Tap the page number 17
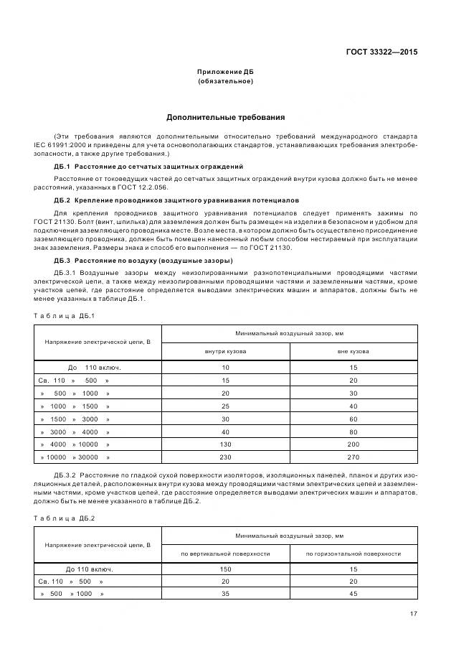[413, 613]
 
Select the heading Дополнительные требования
[226, 116]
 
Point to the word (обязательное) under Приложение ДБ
[226, 81]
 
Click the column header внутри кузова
[225, 352]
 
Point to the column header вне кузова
[354, 352]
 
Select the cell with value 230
[225, 457]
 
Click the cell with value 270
[354, 457]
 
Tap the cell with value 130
[225, 444]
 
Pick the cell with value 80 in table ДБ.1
[354, 431]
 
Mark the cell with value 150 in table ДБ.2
[225, 569]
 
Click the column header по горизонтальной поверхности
[354, 554]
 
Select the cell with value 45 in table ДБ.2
[354, 594]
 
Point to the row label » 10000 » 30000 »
[75, 457]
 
